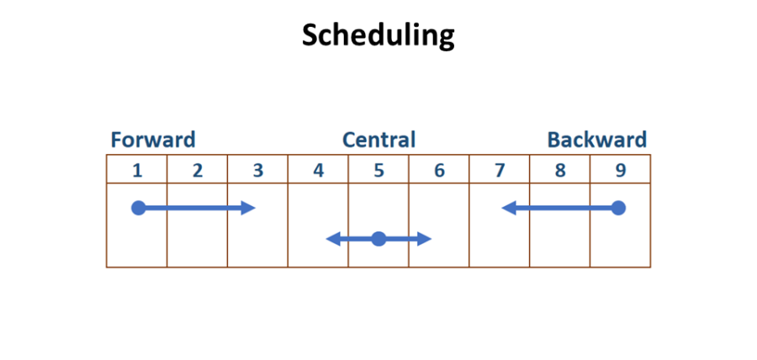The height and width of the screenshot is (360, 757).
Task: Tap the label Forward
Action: tap(152, 140)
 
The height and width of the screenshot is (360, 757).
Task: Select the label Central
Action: tap(378, 140)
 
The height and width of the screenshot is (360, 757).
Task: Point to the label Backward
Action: tap(597, 140)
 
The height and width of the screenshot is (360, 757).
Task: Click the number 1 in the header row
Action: tap(137, 170)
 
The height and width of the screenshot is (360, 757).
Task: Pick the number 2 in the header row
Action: tap(198, 170)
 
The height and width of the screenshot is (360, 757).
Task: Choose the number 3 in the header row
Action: tap(258, 170)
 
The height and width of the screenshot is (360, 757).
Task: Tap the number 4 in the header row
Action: tap(318, 170)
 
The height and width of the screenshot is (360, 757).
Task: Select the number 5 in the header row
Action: tap(378, 170)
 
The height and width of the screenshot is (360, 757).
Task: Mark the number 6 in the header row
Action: tap(439, 170)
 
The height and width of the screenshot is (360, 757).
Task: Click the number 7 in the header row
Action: tap(500, 170)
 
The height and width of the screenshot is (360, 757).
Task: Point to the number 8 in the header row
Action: tap(560, 170)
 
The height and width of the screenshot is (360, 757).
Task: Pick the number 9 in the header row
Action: tap(620, 170)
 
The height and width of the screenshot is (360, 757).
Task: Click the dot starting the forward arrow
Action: tap(139, 208)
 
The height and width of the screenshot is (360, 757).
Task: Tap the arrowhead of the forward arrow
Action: tap(249, 208)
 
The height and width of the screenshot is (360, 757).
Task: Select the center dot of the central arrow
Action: tap(378, 239)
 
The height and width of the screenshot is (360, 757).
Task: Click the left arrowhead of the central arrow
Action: tap(332, 239)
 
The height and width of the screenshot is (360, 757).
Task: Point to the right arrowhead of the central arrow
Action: tap(425, 239)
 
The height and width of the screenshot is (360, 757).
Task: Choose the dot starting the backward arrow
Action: tap(618, 208)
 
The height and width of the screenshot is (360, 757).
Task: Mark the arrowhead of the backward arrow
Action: tap(508, 208)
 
